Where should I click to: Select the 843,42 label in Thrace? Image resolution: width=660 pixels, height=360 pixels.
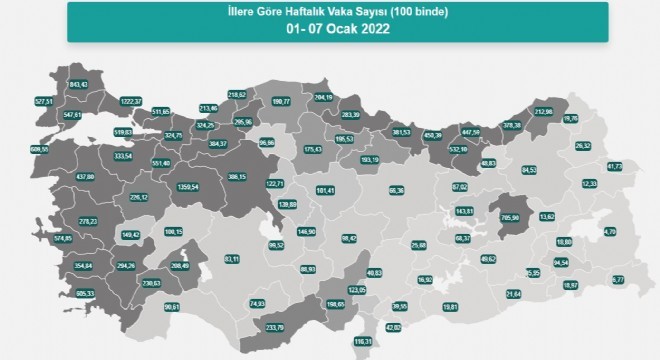point(78,84)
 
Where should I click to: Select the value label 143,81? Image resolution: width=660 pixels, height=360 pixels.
point(464,211)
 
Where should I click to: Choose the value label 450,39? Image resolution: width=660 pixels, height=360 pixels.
point(434,137)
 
